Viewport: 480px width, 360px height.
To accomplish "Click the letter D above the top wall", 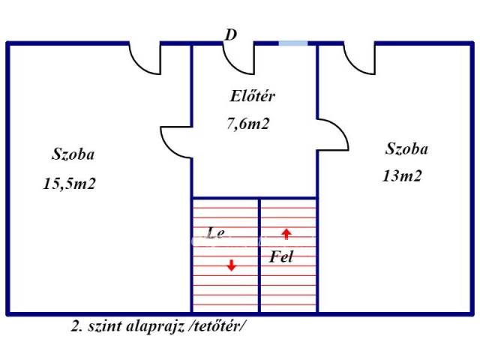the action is click(x=231, y=34).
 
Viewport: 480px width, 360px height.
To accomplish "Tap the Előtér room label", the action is click(x=253, y=96).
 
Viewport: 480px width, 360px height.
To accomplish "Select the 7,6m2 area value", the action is click(x=248, y=124).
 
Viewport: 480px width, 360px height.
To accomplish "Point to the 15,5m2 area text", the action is click(x=70, y=184).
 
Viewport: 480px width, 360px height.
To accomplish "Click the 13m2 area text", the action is click(x=402, y=176).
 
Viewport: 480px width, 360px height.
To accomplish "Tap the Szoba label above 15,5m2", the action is click(x=73, y=154).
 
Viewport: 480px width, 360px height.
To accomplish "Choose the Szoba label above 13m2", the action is click(x=406, y=149).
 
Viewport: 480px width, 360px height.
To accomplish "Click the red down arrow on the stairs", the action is click(x=232, y=265).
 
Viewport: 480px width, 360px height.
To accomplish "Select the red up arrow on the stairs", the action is click(x=286, y=234).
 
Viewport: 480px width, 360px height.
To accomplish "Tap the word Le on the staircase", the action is click(x=216, y=233).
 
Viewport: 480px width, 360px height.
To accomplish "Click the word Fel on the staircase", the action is click(x=281, y=256).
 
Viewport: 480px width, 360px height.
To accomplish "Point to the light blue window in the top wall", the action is click(x=293, y=43).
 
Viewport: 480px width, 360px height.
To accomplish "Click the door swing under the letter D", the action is click(x=232, y=67).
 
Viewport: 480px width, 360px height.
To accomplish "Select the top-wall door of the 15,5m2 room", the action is click(x=139, y=67).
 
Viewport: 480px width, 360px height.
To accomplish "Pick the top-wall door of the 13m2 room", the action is click(x=353, y=67).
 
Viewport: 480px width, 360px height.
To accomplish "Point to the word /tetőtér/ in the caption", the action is click(x=217, y=327).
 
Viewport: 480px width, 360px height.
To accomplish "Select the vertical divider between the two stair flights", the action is click(x=259, y=255).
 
